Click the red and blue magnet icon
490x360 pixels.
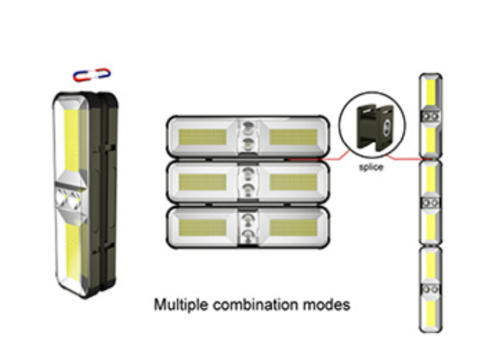pyautogui.click(x=92, y=73)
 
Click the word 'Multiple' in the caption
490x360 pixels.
pyautogui.click(x=178, y=306)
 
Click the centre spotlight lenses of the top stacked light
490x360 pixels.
pyautogui.click(x=247, y=136)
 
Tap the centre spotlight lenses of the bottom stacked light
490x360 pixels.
pyautogui.click(x=247, y=227)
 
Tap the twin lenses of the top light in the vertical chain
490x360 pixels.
pyautogui.click(x=430, y=116)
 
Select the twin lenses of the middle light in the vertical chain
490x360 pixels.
pyautogui.click(x=430, y=203)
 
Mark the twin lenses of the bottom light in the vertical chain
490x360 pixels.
pyautogui.click(x=430, y=289)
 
